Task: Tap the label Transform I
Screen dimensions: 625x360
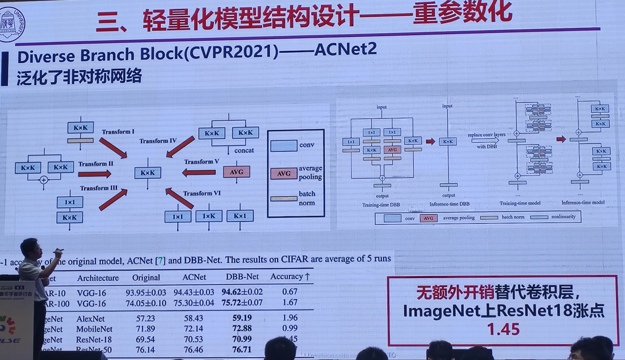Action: [118, 132]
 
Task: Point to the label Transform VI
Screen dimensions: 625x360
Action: [202, 194]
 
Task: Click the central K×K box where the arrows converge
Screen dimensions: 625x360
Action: [148, 173]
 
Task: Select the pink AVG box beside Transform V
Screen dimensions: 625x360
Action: [237, 171]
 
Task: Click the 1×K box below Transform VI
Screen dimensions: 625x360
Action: [208, 216]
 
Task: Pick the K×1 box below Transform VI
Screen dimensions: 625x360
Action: [240, 216]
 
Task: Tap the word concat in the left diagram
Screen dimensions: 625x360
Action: [244, 150]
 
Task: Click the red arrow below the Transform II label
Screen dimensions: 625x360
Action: [95, 174]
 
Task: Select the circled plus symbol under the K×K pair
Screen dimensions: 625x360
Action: [44, 180]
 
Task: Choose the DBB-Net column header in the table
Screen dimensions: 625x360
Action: [242, 277]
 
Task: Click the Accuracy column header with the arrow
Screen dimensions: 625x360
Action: [290, 277]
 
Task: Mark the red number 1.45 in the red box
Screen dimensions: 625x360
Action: [503, 329]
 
